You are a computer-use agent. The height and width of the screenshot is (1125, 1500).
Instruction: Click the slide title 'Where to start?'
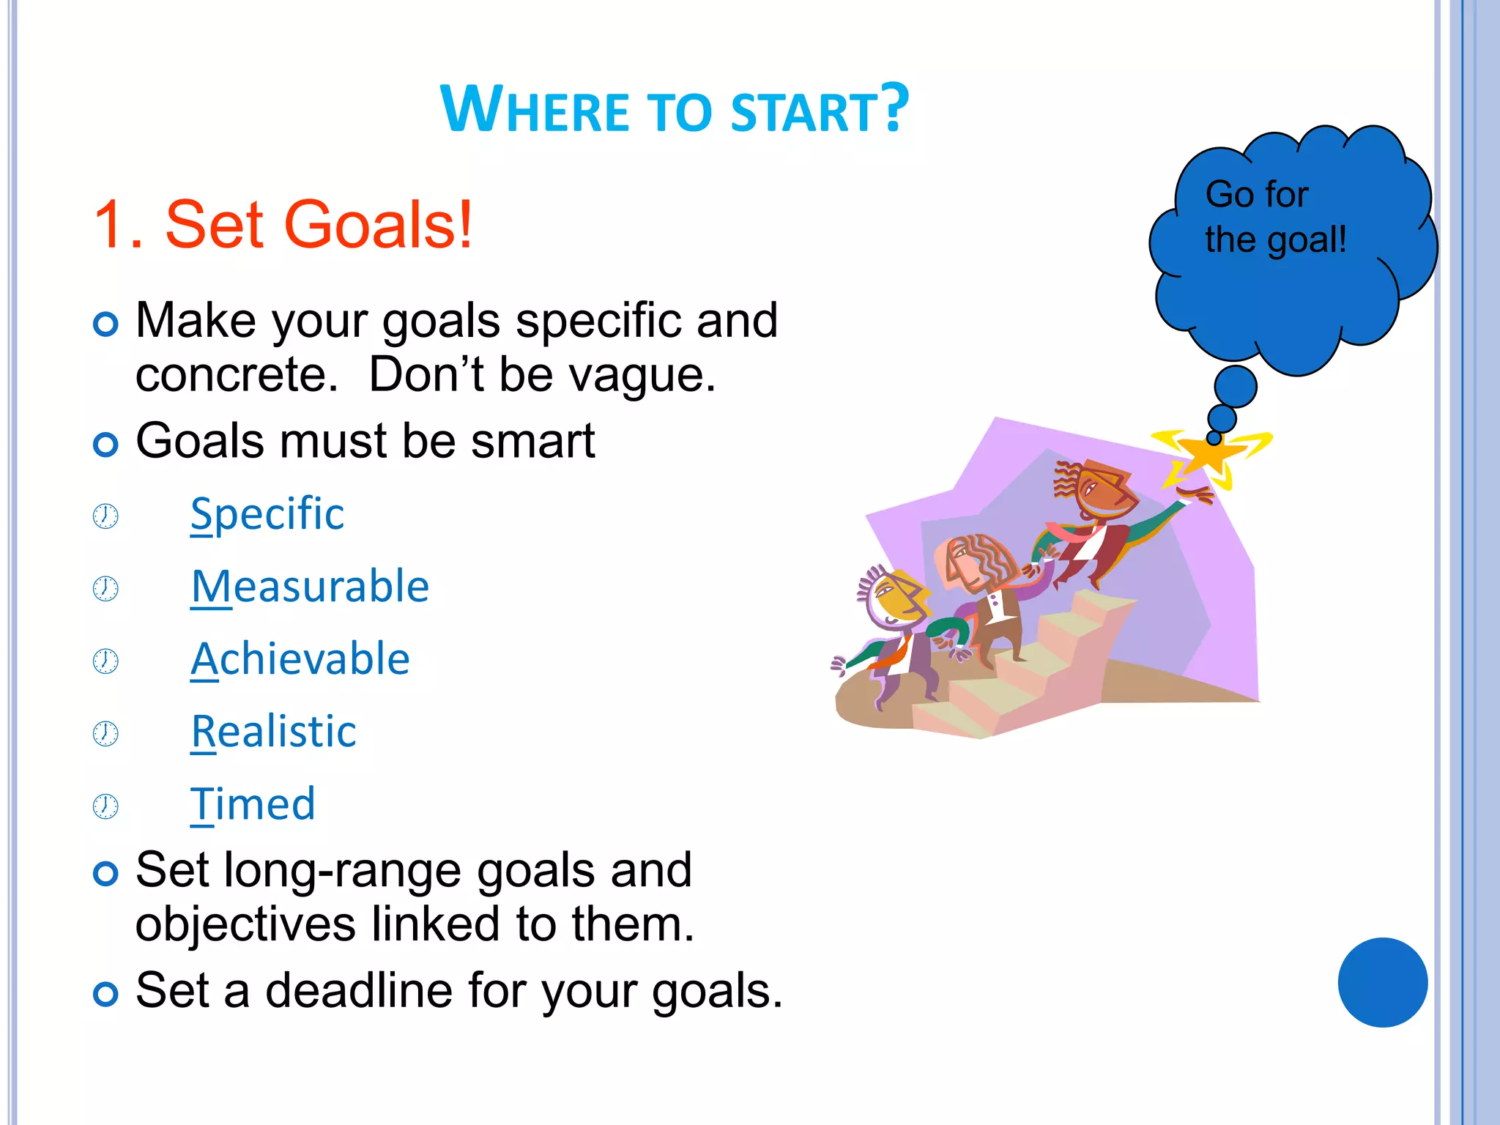coord(674,110)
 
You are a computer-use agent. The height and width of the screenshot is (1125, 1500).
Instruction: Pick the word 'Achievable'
coord(300,658)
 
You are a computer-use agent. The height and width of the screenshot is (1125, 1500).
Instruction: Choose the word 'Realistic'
coord(274,731)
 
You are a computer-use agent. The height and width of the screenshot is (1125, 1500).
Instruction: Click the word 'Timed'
coord(253,803)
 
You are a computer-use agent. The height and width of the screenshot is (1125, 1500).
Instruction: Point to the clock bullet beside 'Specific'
coord(105,516)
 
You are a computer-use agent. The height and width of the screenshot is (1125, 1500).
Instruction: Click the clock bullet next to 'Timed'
coord(105,806)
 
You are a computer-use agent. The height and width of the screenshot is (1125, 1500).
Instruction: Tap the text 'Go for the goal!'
coord(1274,217)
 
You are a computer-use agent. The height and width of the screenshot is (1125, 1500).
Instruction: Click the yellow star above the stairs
coord(1210,454)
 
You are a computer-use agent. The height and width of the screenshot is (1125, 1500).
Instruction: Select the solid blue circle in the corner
coord(1382,982)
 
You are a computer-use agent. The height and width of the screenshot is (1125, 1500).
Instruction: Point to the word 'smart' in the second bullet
coord(532,441)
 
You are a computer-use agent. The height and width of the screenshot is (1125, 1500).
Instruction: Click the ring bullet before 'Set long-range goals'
coord(106,873)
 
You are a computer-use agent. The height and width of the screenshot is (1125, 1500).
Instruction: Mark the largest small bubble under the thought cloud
coord(1236,387)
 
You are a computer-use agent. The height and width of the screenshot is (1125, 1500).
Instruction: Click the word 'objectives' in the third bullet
coord(245,924)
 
